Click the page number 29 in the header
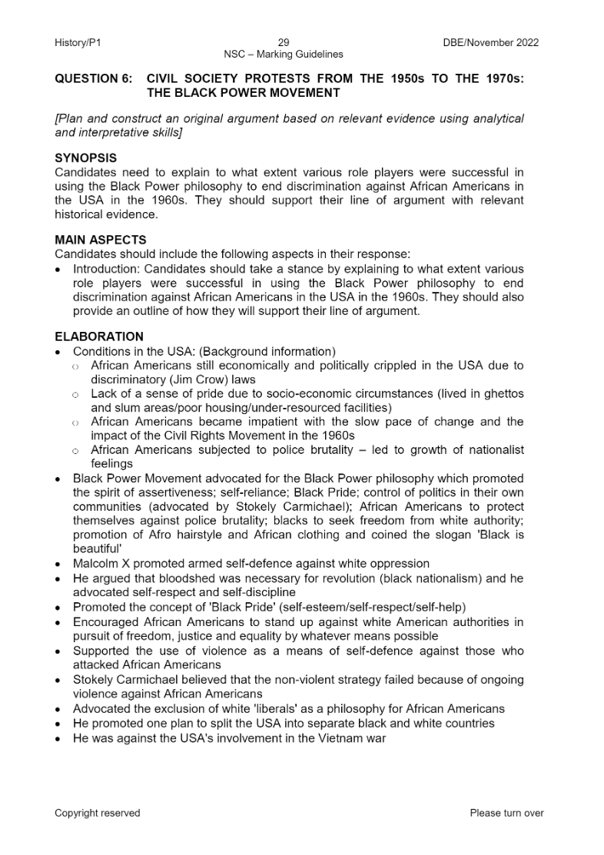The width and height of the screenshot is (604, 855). [284, 42]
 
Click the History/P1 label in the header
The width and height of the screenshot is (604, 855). [78, 42]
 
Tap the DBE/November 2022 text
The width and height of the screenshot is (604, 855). [491, 42]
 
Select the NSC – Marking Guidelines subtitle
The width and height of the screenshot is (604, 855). [284, 55]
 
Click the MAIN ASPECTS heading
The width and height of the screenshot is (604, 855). [100, 240]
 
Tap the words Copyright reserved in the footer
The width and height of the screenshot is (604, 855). [98, 813]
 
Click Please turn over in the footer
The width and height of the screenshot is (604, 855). [506, 813]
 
